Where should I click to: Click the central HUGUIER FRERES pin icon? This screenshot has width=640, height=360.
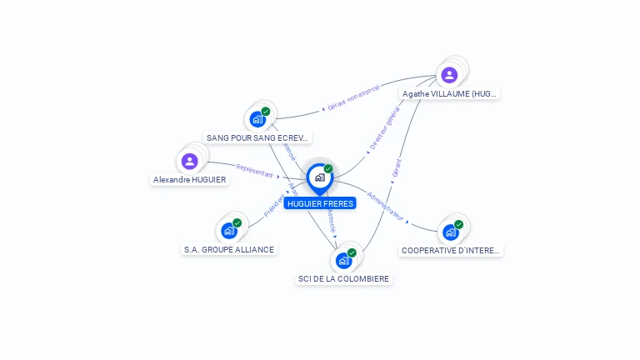(x=319, y=177)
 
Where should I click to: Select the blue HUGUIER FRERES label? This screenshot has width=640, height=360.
(x=320, y=203)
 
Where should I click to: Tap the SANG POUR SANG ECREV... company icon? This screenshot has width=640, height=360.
(x=257, y=119)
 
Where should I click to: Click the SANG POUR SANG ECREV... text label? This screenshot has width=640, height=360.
(x=258, y=137)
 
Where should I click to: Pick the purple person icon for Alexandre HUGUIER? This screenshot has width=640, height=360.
(x=189, y=161)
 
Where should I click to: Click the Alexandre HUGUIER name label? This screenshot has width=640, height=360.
(x=189, y=179)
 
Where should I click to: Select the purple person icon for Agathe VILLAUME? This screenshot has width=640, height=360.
(x=449, y=75)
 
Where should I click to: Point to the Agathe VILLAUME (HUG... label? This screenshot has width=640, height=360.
(x=449, y=94)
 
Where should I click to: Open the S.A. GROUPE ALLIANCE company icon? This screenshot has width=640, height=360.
(x=229, y=231)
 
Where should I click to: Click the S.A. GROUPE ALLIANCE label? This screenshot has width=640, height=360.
(x=229, y=249)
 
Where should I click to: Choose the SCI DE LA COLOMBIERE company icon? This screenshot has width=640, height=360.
(x=343, y=260)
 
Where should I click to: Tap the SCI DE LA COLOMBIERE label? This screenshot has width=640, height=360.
(x=344, y=279)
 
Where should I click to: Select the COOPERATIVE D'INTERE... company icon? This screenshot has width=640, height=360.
(x=451, y=232)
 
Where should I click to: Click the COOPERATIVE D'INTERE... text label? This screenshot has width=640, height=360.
(x=451, y=250)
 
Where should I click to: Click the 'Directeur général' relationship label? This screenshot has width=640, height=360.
(x=385, y=133)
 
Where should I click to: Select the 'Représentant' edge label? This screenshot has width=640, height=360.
(x=254, y=170)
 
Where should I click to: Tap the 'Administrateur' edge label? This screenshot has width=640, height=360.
(x=385, y=207)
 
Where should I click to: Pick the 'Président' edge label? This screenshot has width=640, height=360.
(x=274, y=206)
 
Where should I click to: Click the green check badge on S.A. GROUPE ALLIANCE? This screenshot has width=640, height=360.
(x=237, y=222)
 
